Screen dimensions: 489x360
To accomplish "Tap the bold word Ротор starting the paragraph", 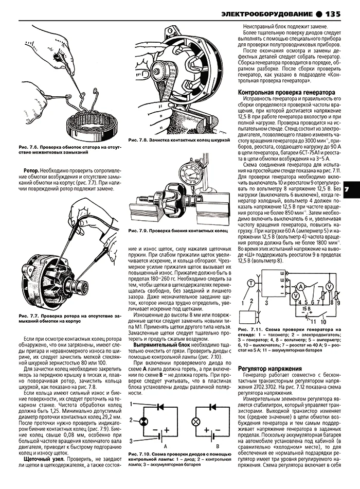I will coord(34,170).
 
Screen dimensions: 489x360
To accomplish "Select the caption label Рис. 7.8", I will coord(138,140).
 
